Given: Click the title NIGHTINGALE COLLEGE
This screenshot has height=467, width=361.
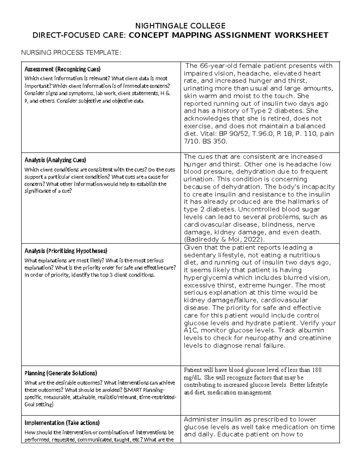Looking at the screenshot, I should click(180, 25).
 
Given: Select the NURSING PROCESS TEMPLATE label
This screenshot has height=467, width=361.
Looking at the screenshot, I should click(70, 53).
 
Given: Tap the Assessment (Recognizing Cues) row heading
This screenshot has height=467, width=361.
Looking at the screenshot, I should click(62, 69).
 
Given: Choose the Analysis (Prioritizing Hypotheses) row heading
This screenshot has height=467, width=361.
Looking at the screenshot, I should click(66, 251).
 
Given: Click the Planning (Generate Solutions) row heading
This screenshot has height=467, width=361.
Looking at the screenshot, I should click(60, 373).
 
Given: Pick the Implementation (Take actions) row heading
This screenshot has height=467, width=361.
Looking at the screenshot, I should click(62, 422).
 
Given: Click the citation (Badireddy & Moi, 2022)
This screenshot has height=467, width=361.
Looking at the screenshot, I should click(224, 239).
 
